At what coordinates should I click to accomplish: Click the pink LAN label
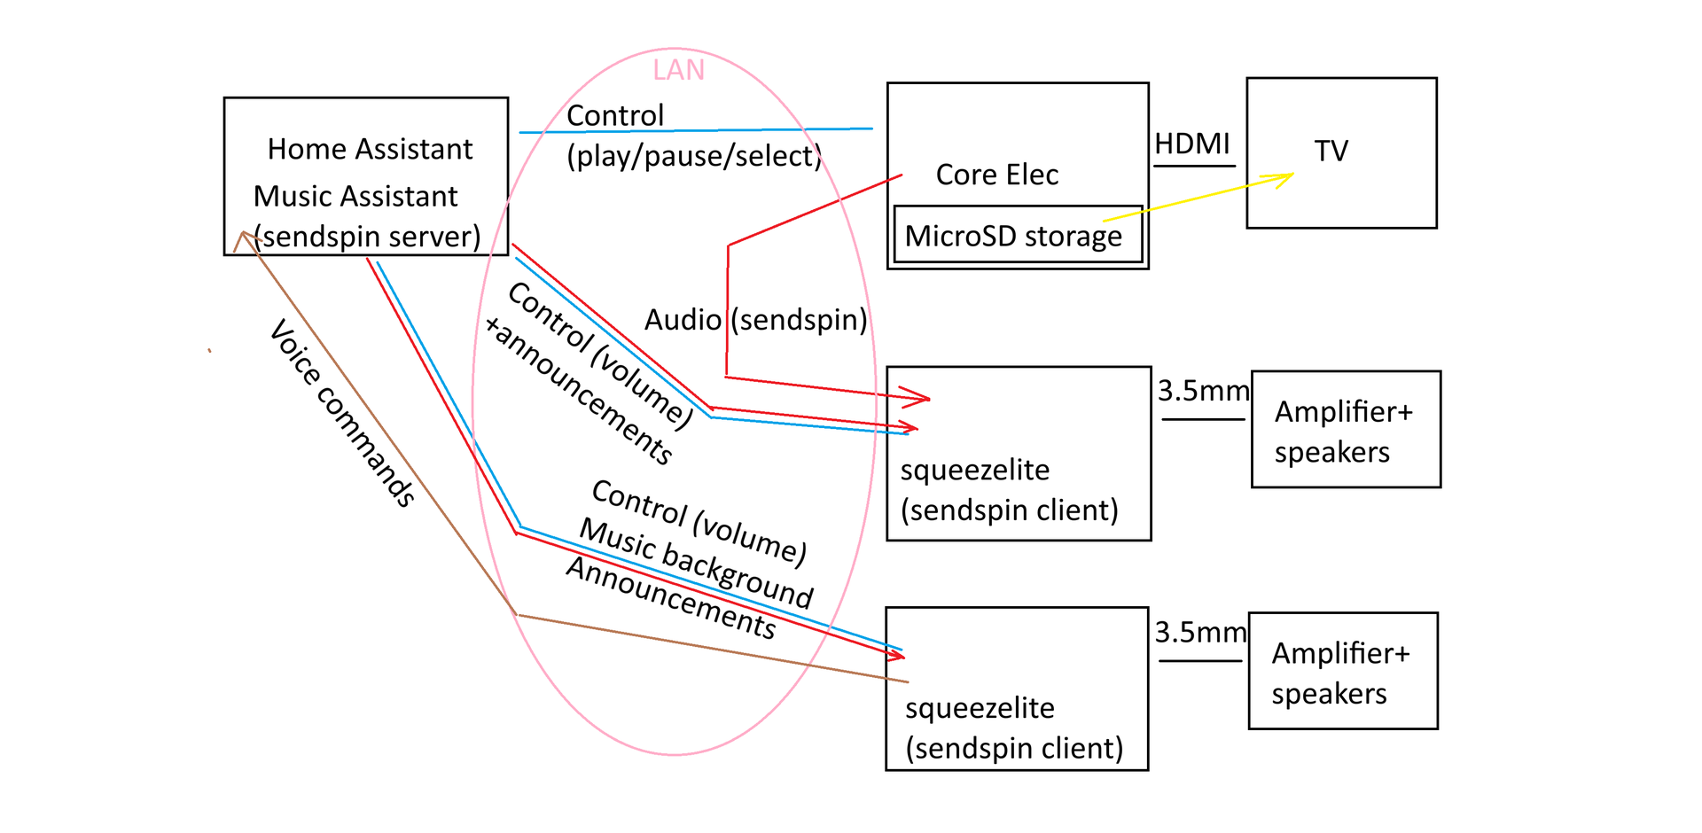[678, 70]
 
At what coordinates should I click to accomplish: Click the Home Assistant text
[371, 149]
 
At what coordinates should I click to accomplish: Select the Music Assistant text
[355, 196]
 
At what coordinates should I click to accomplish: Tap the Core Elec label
[997, 175]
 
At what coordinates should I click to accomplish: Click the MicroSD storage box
[1018, 235]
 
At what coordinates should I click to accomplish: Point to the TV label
[1331, 151]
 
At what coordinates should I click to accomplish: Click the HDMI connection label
[1192, 144]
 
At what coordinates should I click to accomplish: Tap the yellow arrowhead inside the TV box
[1284, 179]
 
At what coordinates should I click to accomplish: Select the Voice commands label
[342, 414]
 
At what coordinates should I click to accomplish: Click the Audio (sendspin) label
[756, 320]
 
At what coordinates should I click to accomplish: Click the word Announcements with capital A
[671, 598]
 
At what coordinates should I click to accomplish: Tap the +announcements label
[578, 390]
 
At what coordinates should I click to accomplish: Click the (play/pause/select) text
[694, 156]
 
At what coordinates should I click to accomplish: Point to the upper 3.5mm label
[1203, 390]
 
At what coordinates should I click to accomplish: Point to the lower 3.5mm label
[1200, 632]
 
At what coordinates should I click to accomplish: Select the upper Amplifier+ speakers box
[1346, 430]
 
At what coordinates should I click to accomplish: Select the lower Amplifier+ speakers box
[1343, 671]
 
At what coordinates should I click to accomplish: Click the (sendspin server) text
[367, 237]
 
